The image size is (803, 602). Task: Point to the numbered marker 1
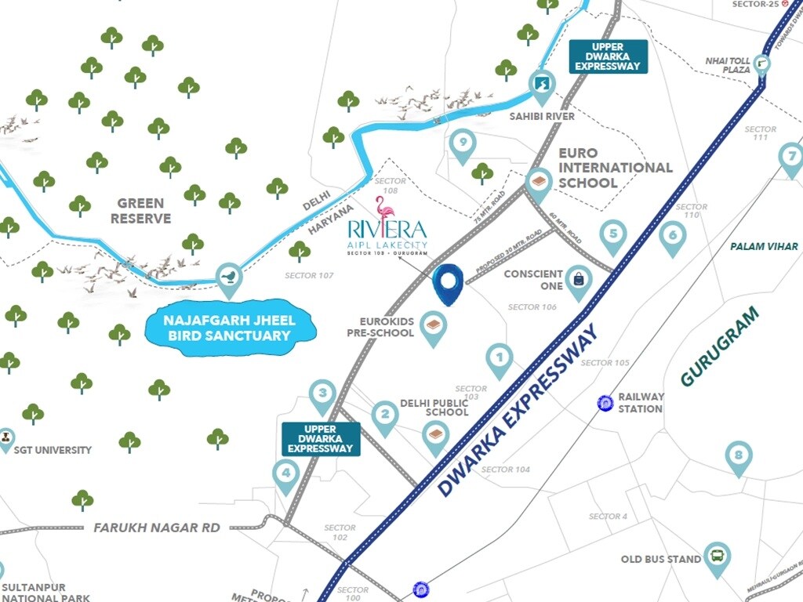[500, 358]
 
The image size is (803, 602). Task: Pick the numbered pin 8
[738, 455]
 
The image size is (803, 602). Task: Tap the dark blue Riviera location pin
[449, 283]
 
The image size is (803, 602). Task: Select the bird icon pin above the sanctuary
[228, 277]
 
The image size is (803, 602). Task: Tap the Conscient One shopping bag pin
[578, 280]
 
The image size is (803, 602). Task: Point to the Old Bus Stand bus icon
[716, 557]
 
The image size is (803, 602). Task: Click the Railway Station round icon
[605, 403]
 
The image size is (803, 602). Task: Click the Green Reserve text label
[141, 211]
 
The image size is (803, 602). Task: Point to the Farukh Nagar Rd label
[157, 528]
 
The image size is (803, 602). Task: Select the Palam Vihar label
[764, 246]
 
